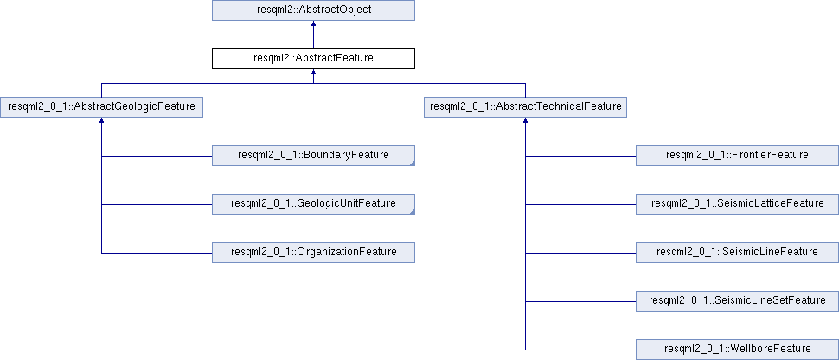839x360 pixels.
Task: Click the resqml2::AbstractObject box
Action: point(313,10)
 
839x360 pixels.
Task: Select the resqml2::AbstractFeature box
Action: point(313,58)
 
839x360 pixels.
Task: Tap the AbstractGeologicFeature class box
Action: point(101,107)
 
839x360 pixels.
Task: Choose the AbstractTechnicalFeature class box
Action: point(525,107)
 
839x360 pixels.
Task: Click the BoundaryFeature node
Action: point(313,156)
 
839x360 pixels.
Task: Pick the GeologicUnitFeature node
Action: point(313,204)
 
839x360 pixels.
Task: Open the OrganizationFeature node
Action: point(313,253)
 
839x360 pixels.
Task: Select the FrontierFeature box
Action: point(737,156)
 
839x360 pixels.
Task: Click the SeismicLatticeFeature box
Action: point(737,204)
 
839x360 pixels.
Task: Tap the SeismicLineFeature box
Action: point(737,253)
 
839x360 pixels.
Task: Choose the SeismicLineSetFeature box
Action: point(737,300)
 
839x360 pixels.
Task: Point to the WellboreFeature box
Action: point(737,350)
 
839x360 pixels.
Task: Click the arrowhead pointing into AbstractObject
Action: point(313,24)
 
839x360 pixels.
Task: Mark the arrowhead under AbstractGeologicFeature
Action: point(101,121)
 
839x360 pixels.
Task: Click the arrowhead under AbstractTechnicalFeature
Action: point(525,121)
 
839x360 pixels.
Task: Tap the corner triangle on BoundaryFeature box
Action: point(413,164)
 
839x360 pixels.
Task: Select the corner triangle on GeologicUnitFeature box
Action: point(413,212)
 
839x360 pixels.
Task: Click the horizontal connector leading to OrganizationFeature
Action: point(157,253)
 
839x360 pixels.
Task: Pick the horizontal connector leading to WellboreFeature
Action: point(580,350)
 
